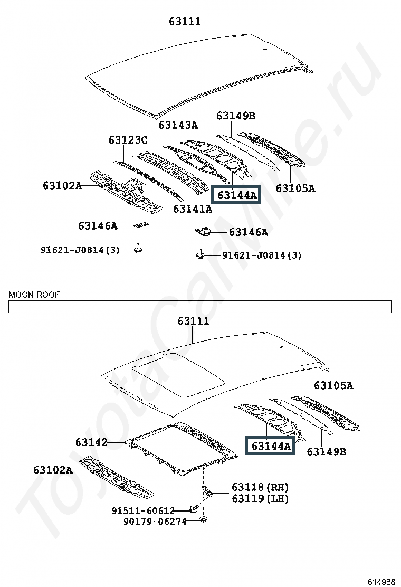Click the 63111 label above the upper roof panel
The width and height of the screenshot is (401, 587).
(x=185, y=21)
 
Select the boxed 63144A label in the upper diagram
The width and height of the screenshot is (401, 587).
(x=237, y=195)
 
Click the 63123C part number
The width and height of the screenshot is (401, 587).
(x=128, y=140)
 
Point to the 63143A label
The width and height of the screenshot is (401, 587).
(x=178, y=125)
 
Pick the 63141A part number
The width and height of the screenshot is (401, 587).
(x=192, y=209)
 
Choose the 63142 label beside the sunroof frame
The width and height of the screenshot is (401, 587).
(x=91, y=442)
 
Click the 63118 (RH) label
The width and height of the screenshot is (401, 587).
(x=260, y=487)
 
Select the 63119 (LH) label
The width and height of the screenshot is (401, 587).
(x=260, y=498)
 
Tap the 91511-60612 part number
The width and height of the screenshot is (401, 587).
(x=143, y=510)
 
